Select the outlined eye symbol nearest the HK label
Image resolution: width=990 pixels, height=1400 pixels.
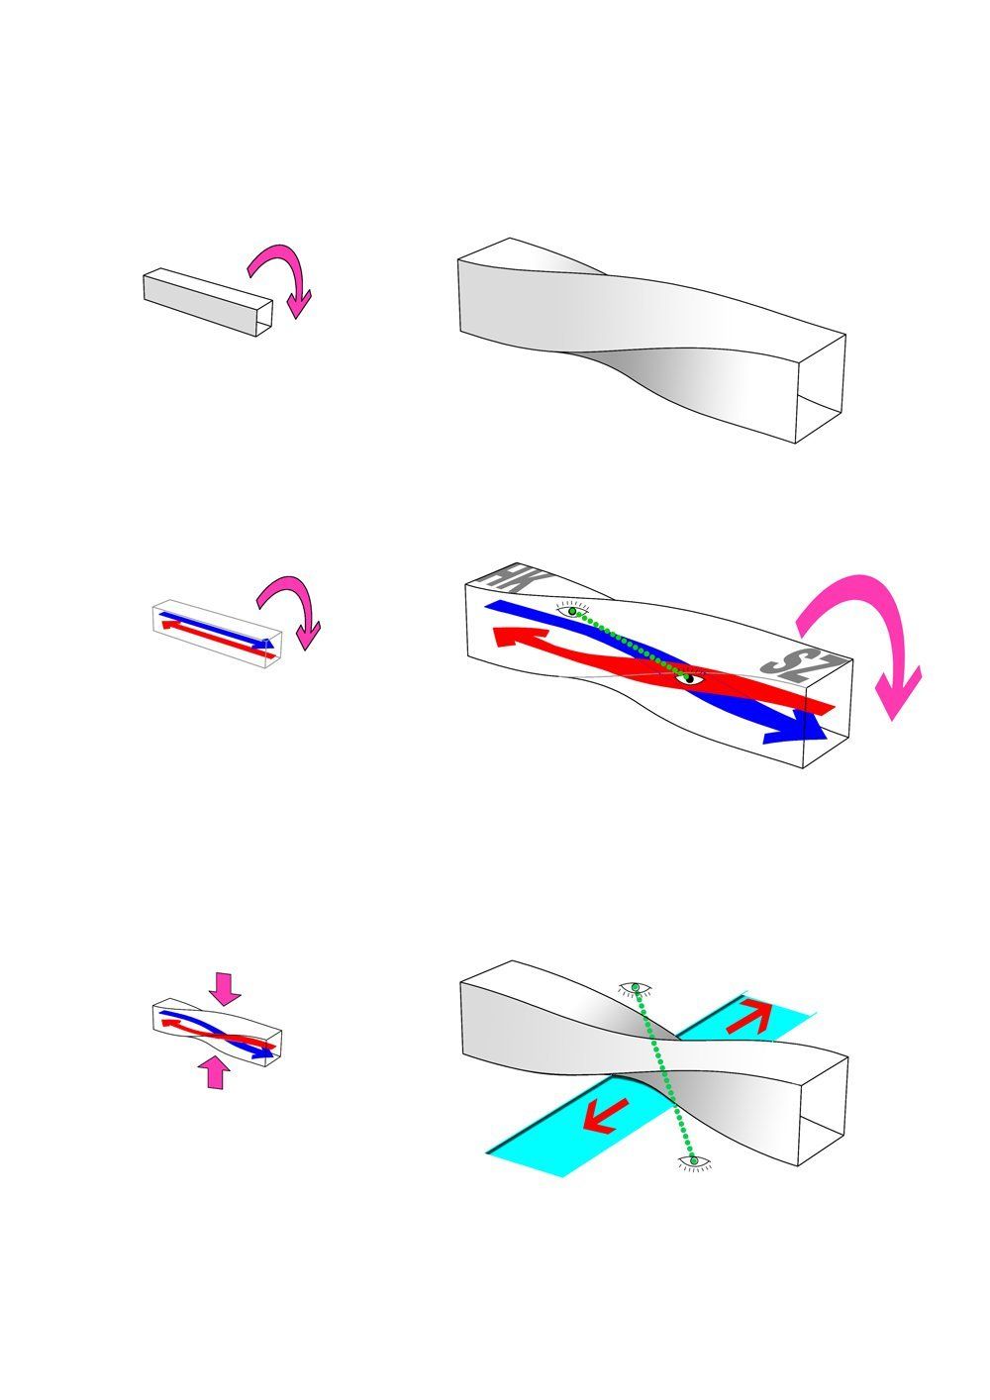coord(573,609)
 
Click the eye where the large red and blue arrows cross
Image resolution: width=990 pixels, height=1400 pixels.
coord(689,677)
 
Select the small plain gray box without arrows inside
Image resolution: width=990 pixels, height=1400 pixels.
coord(208,302)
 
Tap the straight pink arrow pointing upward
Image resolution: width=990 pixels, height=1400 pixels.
coord(215,1072)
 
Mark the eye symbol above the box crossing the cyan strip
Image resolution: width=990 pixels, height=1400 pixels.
coord(636,987)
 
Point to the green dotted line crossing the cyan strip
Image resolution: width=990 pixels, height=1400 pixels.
coord(664,1074)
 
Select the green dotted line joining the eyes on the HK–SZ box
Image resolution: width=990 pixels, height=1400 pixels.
coord(631,644)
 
